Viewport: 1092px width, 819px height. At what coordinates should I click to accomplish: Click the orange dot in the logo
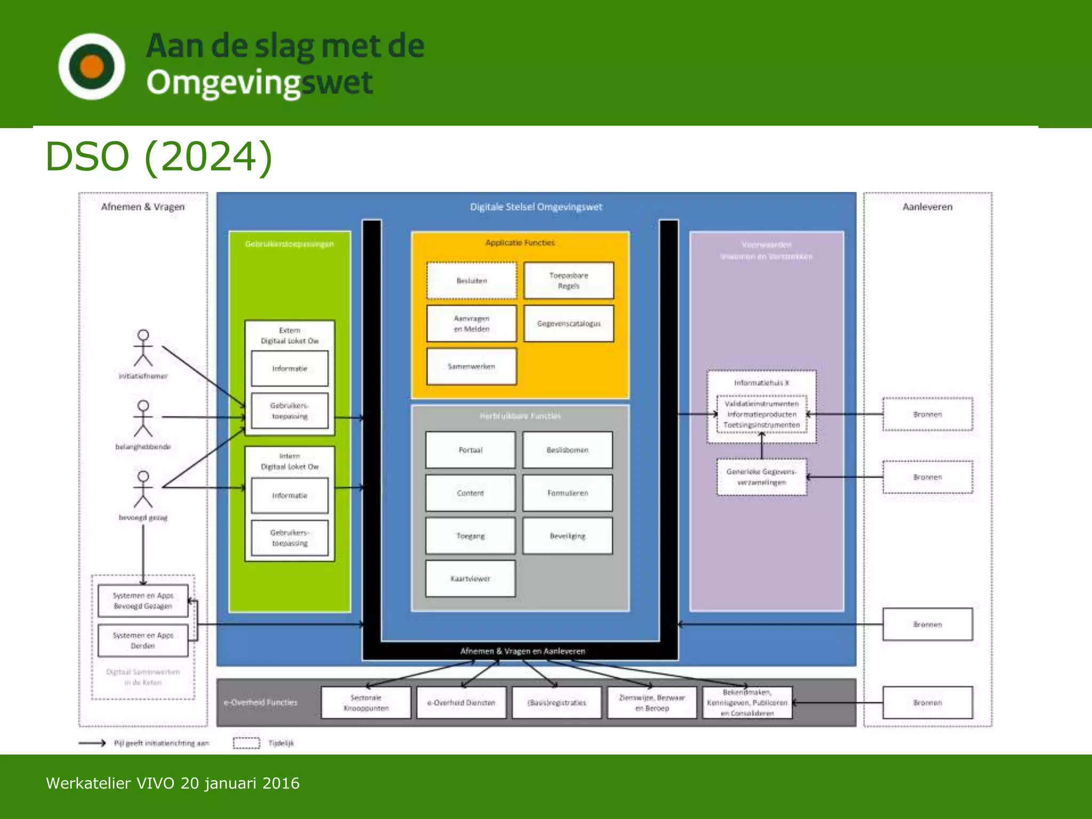pyautogui.click(x=92, y=67)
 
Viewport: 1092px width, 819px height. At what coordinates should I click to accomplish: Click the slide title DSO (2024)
pyautogui.click(x=159, y=157)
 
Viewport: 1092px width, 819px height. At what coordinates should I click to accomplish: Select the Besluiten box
pyautogui.click(x=471, y=280)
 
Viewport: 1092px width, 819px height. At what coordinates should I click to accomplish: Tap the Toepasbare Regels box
pyautogui.click(x=568, y=280)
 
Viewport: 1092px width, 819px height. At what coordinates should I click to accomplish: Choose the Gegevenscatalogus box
pyautogui.click(x=568, y=324)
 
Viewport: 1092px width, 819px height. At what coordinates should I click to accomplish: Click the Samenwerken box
pyautogui.click(x=471, y=366)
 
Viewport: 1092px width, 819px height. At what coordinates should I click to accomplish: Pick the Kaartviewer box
pyautogui.click(x=470, y=579)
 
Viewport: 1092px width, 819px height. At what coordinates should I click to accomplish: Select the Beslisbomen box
pyautogui.click(x=567, y=450)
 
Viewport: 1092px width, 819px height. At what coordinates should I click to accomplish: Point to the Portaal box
pyautogui.click(x=470, y=450)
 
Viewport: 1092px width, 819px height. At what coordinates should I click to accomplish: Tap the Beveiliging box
pyautogui.click(x=567, y=536)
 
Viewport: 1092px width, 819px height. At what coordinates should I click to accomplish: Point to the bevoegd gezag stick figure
pyautogui.click(x=143, y=489)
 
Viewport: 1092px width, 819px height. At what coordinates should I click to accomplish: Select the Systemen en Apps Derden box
pyautogui.click(x=143, y=640)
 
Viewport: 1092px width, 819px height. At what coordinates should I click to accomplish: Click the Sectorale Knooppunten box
pyautogui.click(x=366, y=703)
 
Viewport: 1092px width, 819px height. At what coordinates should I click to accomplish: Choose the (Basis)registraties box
pyautogui.click(x=557, y=703)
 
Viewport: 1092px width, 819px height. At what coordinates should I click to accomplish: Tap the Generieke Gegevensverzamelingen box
pyautogui.click(x=761, y=477)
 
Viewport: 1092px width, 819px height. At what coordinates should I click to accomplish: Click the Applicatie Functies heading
pyautogui.click(x=520, y=243)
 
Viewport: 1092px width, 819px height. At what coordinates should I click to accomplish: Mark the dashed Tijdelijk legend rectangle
pyautogui.click(x=246, y=743)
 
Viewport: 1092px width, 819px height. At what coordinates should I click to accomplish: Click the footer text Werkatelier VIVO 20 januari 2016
pyautogui.click(x=173, y=783)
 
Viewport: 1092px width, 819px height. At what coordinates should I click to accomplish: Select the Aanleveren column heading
pyautogui.click(x=927, y=207)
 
